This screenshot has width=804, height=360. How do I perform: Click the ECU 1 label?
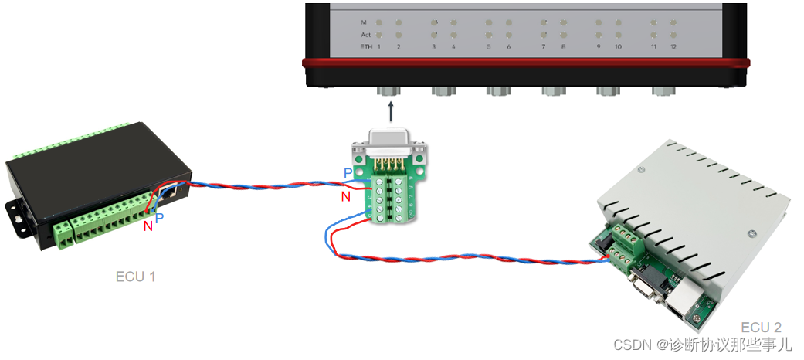point(135,277)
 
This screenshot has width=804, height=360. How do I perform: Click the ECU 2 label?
point(761,327)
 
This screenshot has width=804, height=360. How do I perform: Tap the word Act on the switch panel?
point(366,35)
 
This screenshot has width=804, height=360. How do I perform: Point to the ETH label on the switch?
point(366,47)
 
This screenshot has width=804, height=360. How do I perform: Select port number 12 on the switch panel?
point(673,47)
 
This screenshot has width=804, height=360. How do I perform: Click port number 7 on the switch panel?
point(544,47)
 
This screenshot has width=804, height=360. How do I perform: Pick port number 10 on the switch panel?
point(618,47)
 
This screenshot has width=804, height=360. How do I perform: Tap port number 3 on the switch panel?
point(433,47)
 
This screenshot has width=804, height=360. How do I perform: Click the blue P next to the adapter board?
point(348,172)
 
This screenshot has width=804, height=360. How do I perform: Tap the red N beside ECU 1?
point(148,226)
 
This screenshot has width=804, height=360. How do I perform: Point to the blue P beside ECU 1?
point(160,219)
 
